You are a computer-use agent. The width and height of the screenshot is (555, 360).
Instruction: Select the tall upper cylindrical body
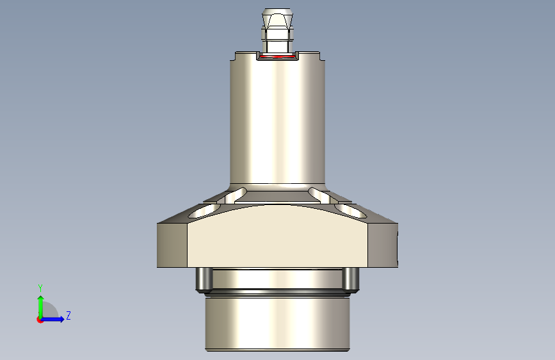point(277,122)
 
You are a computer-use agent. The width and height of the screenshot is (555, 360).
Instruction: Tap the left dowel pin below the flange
point(202,279)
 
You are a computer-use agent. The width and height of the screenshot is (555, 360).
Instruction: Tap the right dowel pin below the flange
point(351,279)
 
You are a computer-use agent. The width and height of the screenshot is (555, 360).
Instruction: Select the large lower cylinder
point(277,323)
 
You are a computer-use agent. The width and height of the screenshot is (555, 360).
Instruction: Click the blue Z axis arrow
point(56,319)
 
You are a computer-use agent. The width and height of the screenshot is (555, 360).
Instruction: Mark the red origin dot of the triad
point(40,320)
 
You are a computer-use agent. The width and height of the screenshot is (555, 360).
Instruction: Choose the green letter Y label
point(40,288)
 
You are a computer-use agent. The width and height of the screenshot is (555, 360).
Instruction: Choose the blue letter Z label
point(68,316)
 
